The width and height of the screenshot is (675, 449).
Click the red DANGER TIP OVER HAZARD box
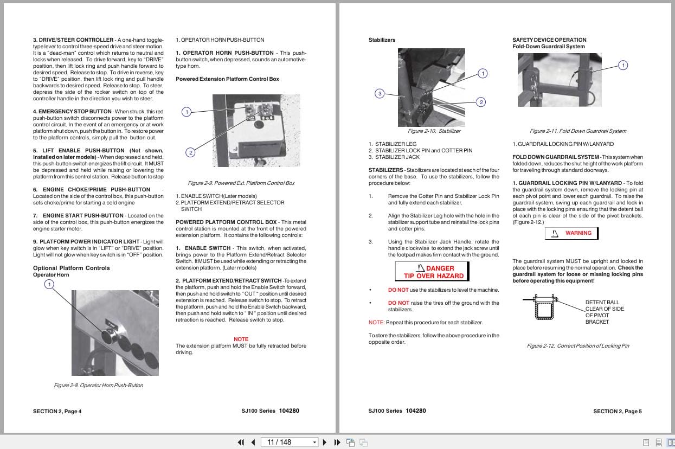click(x=432, y=272)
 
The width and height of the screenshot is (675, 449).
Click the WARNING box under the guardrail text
click(x=571, y=233)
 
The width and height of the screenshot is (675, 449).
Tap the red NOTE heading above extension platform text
click(x=241, y=339)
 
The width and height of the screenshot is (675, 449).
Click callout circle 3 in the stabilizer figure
click(x=380, y=93)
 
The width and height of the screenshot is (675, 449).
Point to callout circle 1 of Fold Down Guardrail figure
click(x=623, y=65)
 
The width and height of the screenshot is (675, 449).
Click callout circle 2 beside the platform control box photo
click(x=190, y=152)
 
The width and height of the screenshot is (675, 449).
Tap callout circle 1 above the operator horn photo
click(x=49, y=285)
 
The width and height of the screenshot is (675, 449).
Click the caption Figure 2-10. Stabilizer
click(x=434, y=131)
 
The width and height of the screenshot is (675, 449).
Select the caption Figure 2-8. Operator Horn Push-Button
click(x=98, y=385)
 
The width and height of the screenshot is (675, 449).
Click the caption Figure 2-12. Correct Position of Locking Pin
click(x=577, y=345)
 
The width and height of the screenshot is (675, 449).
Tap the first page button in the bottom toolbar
click(x=241, y=442)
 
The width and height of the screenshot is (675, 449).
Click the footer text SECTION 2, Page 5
click(x=617, y=411)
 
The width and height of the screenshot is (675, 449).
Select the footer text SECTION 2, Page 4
click(x=57, y=411)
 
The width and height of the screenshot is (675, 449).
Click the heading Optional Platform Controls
click(x=71, y=268)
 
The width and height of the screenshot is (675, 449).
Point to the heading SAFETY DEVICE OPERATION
click(x=549, y=40)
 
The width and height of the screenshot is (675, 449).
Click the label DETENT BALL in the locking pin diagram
click(x=602, y=302)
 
